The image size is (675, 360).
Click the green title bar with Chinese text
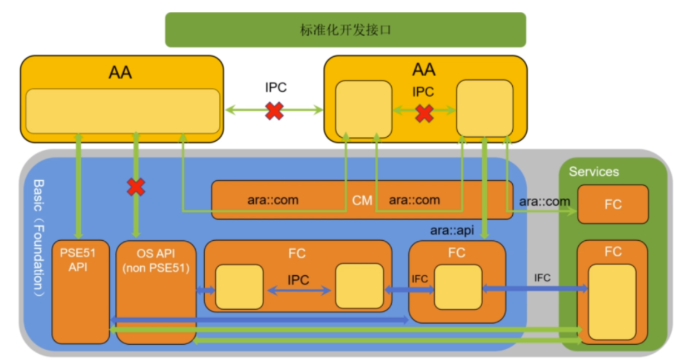[x=345, y=30]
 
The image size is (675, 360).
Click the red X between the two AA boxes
[x=275, y=111]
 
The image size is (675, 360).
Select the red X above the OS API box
[x=136, y=186]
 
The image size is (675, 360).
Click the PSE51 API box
[x=80, y=291]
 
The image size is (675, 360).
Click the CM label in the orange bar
[x=362, y=200]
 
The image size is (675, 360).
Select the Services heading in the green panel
[x=594, y=172]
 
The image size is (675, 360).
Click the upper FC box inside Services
[x=613, y=204]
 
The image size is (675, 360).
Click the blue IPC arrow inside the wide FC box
[x=299, y=290]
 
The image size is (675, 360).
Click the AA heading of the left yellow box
[x=120, y=73]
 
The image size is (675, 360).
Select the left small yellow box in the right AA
[x=364, y=109]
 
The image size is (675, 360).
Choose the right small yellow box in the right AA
[x=484, y=108]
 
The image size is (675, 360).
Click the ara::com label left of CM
[x=272, y=200]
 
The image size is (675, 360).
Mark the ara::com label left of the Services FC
[x=544, y=201]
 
